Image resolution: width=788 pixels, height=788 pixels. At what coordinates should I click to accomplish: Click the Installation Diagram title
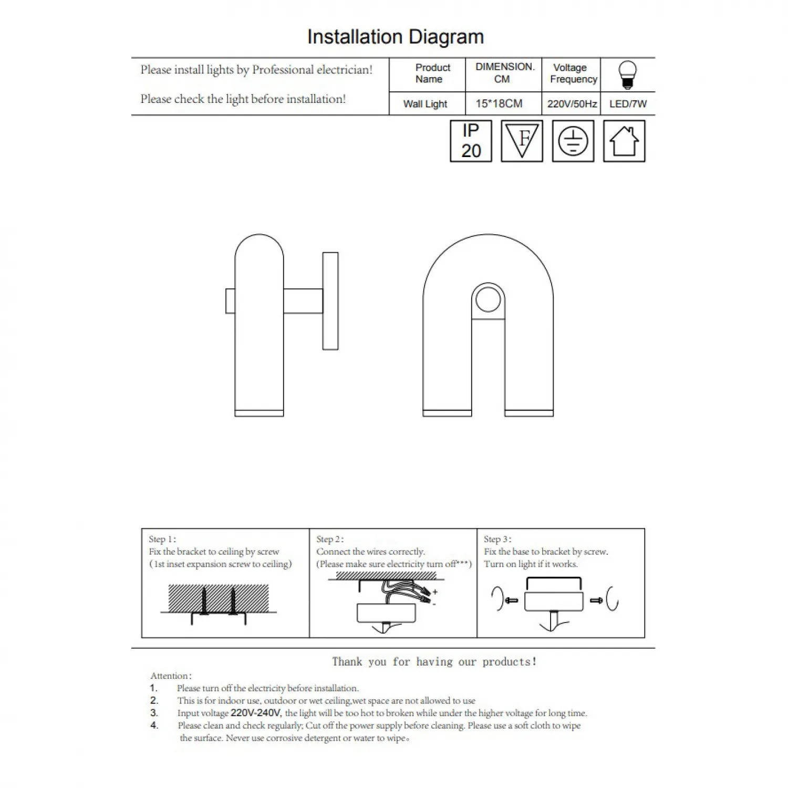click(x=395, y=37)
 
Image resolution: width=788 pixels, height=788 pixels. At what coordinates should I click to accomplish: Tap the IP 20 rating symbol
click(x=471, y=141)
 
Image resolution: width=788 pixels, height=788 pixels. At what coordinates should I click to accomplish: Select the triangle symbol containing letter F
click(x=522, y=141)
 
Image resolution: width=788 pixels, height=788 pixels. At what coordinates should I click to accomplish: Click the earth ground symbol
click(x=573, y=141)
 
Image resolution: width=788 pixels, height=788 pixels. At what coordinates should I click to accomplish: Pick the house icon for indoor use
click(x=624, y=141)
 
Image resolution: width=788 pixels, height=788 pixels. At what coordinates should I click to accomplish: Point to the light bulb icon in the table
click(x=627, y=75)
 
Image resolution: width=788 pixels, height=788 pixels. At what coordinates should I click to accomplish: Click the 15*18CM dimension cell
click(x=499, y=103)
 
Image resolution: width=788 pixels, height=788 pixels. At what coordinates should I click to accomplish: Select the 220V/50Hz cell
click(x=572, y=104)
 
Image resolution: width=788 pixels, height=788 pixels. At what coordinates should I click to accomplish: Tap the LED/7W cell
click(x=628, y=104)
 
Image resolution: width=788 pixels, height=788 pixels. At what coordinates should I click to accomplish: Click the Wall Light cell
click(x=425, y=104)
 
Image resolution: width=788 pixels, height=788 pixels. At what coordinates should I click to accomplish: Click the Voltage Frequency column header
click(x=572, y=74)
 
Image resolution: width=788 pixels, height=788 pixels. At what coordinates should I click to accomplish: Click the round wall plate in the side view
click(x=330, y=301)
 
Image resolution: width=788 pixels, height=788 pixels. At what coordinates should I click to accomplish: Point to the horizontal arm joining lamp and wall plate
click(x=303, y=301)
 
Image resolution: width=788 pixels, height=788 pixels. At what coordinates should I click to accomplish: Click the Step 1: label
click(x=162, y=539)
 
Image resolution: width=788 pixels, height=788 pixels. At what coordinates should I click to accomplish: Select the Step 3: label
click(x=497, y=539)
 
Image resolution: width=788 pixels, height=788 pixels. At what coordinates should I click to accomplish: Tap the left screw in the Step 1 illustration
click(x=204, y=601)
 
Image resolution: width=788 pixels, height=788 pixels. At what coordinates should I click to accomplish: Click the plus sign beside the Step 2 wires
click(x=435, y=592)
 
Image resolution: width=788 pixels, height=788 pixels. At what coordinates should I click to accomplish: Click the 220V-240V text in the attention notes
click(x=256, y=713)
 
